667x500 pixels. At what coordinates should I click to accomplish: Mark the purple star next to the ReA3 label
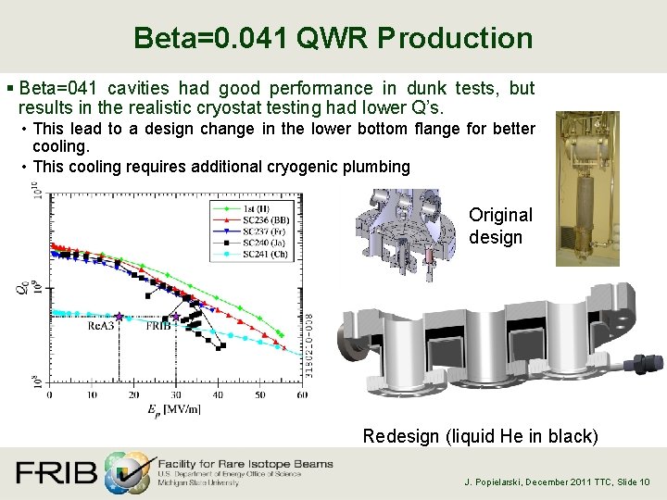(x=119, y=317)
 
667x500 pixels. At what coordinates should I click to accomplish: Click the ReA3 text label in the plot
(x=101, y=326)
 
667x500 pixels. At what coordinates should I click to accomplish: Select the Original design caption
(x=500, y=226)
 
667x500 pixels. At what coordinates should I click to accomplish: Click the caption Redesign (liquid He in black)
(x=481, y=436)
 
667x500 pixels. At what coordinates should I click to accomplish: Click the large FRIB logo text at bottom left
(x=56, y=473)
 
